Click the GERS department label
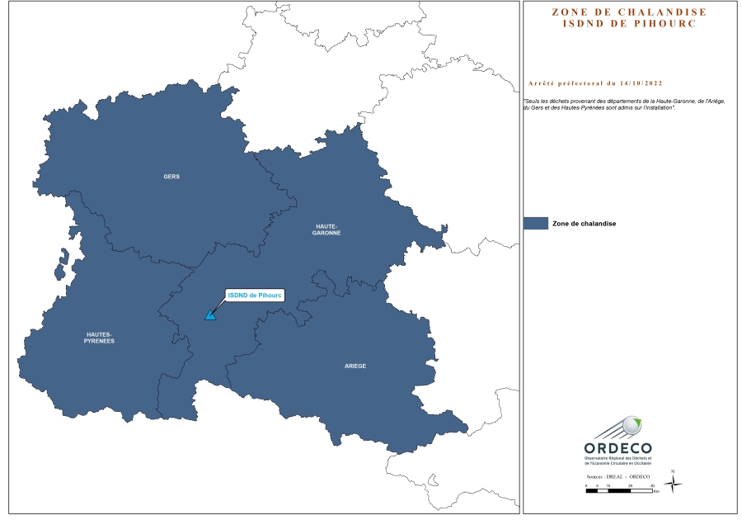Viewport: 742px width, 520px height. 171,177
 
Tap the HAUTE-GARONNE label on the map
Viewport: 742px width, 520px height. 326,229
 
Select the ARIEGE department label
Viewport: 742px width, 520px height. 355,365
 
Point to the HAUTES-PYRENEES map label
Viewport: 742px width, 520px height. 100,337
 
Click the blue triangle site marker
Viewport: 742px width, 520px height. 211,314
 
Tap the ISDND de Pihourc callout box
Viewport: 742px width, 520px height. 255,295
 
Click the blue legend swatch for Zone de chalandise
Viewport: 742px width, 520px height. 536,223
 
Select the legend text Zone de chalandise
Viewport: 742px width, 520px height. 585,224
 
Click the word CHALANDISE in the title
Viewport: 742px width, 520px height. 660,12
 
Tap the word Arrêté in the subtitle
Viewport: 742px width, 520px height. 541,83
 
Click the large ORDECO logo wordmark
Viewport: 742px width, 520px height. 618,448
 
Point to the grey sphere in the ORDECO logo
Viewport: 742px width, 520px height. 632,425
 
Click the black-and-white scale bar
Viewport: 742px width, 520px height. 618,491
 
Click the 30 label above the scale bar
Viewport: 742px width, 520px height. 651,486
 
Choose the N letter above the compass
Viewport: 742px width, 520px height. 673,471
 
